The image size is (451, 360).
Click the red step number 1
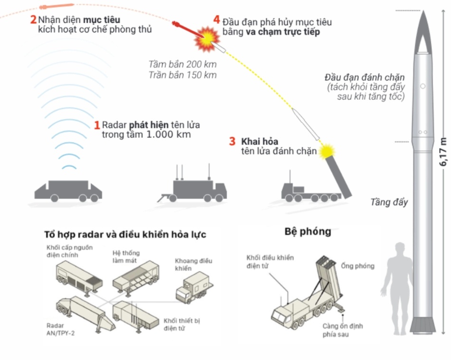(97, 125)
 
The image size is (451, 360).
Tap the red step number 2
(33, 19)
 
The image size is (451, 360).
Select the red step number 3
(232, 142)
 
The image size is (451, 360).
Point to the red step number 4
(216, 19)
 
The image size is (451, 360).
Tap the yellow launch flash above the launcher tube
(327, 151)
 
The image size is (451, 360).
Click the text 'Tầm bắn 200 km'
(182, 64)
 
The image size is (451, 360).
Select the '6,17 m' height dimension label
(443, 152)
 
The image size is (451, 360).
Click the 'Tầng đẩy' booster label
(389, 202)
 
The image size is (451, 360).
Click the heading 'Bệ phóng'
(308, 232)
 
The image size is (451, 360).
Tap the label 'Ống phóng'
(358, 266)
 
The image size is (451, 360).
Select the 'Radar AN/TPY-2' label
(60, 329)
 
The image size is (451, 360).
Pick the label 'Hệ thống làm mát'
(126, 256)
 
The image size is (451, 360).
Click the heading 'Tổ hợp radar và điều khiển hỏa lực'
(125, 235)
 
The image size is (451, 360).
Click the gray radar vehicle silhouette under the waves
(68, 191)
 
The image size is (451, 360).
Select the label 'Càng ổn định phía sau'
(343, 330)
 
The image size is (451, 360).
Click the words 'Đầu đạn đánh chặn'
(365, 77)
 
